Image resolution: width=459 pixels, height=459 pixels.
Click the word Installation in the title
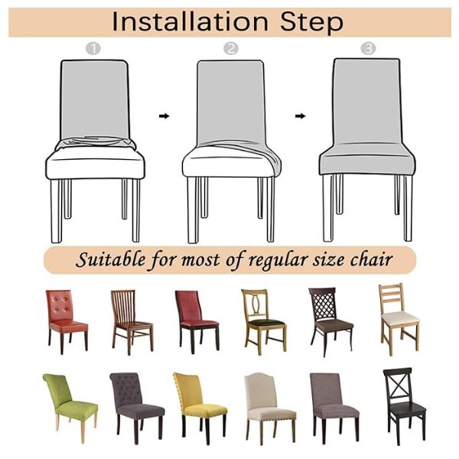pos(190,22)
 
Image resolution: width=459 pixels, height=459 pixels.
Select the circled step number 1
pos(93,49)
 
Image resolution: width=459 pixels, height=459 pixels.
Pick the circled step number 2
pos(231,49)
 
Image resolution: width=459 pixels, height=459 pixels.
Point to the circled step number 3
pos(368,48)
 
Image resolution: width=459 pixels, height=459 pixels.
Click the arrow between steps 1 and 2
pos(164,116)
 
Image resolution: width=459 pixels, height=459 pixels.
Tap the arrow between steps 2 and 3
pos(301,116)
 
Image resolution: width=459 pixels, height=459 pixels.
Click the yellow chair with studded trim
pos(200,407)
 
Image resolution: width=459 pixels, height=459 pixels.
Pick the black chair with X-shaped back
pos(405,405)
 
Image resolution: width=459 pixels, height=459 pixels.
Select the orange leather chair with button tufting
pos(67,321)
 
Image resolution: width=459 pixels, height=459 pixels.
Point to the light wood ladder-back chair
pos(399,318)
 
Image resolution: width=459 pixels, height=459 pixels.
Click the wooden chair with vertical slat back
pos(132,321)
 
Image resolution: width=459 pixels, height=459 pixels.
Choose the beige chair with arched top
pos(270,408)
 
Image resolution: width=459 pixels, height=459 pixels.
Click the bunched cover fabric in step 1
pos(96,143)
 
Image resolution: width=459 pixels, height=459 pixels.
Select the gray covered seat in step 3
pos(367,160)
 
